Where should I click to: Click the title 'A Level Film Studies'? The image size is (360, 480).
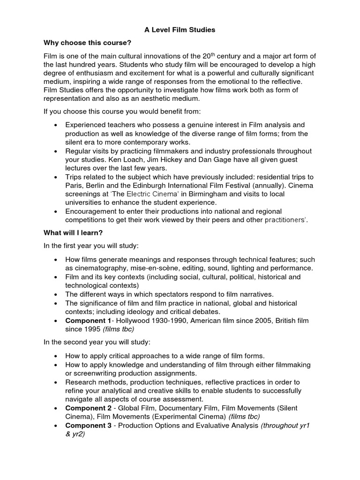(x=180, y=30)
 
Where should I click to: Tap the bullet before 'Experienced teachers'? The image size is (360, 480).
(x=56, y=125)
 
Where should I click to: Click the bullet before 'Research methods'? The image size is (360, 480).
(x=56, y=382)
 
